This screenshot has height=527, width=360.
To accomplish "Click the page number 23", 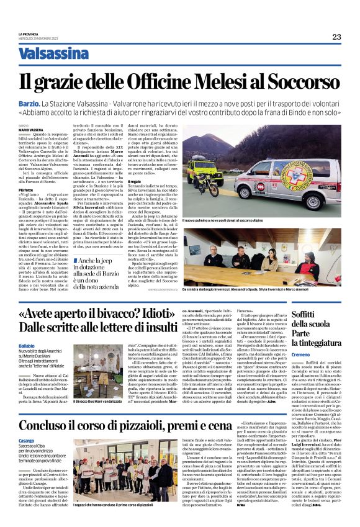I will [x=336, y=37].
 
